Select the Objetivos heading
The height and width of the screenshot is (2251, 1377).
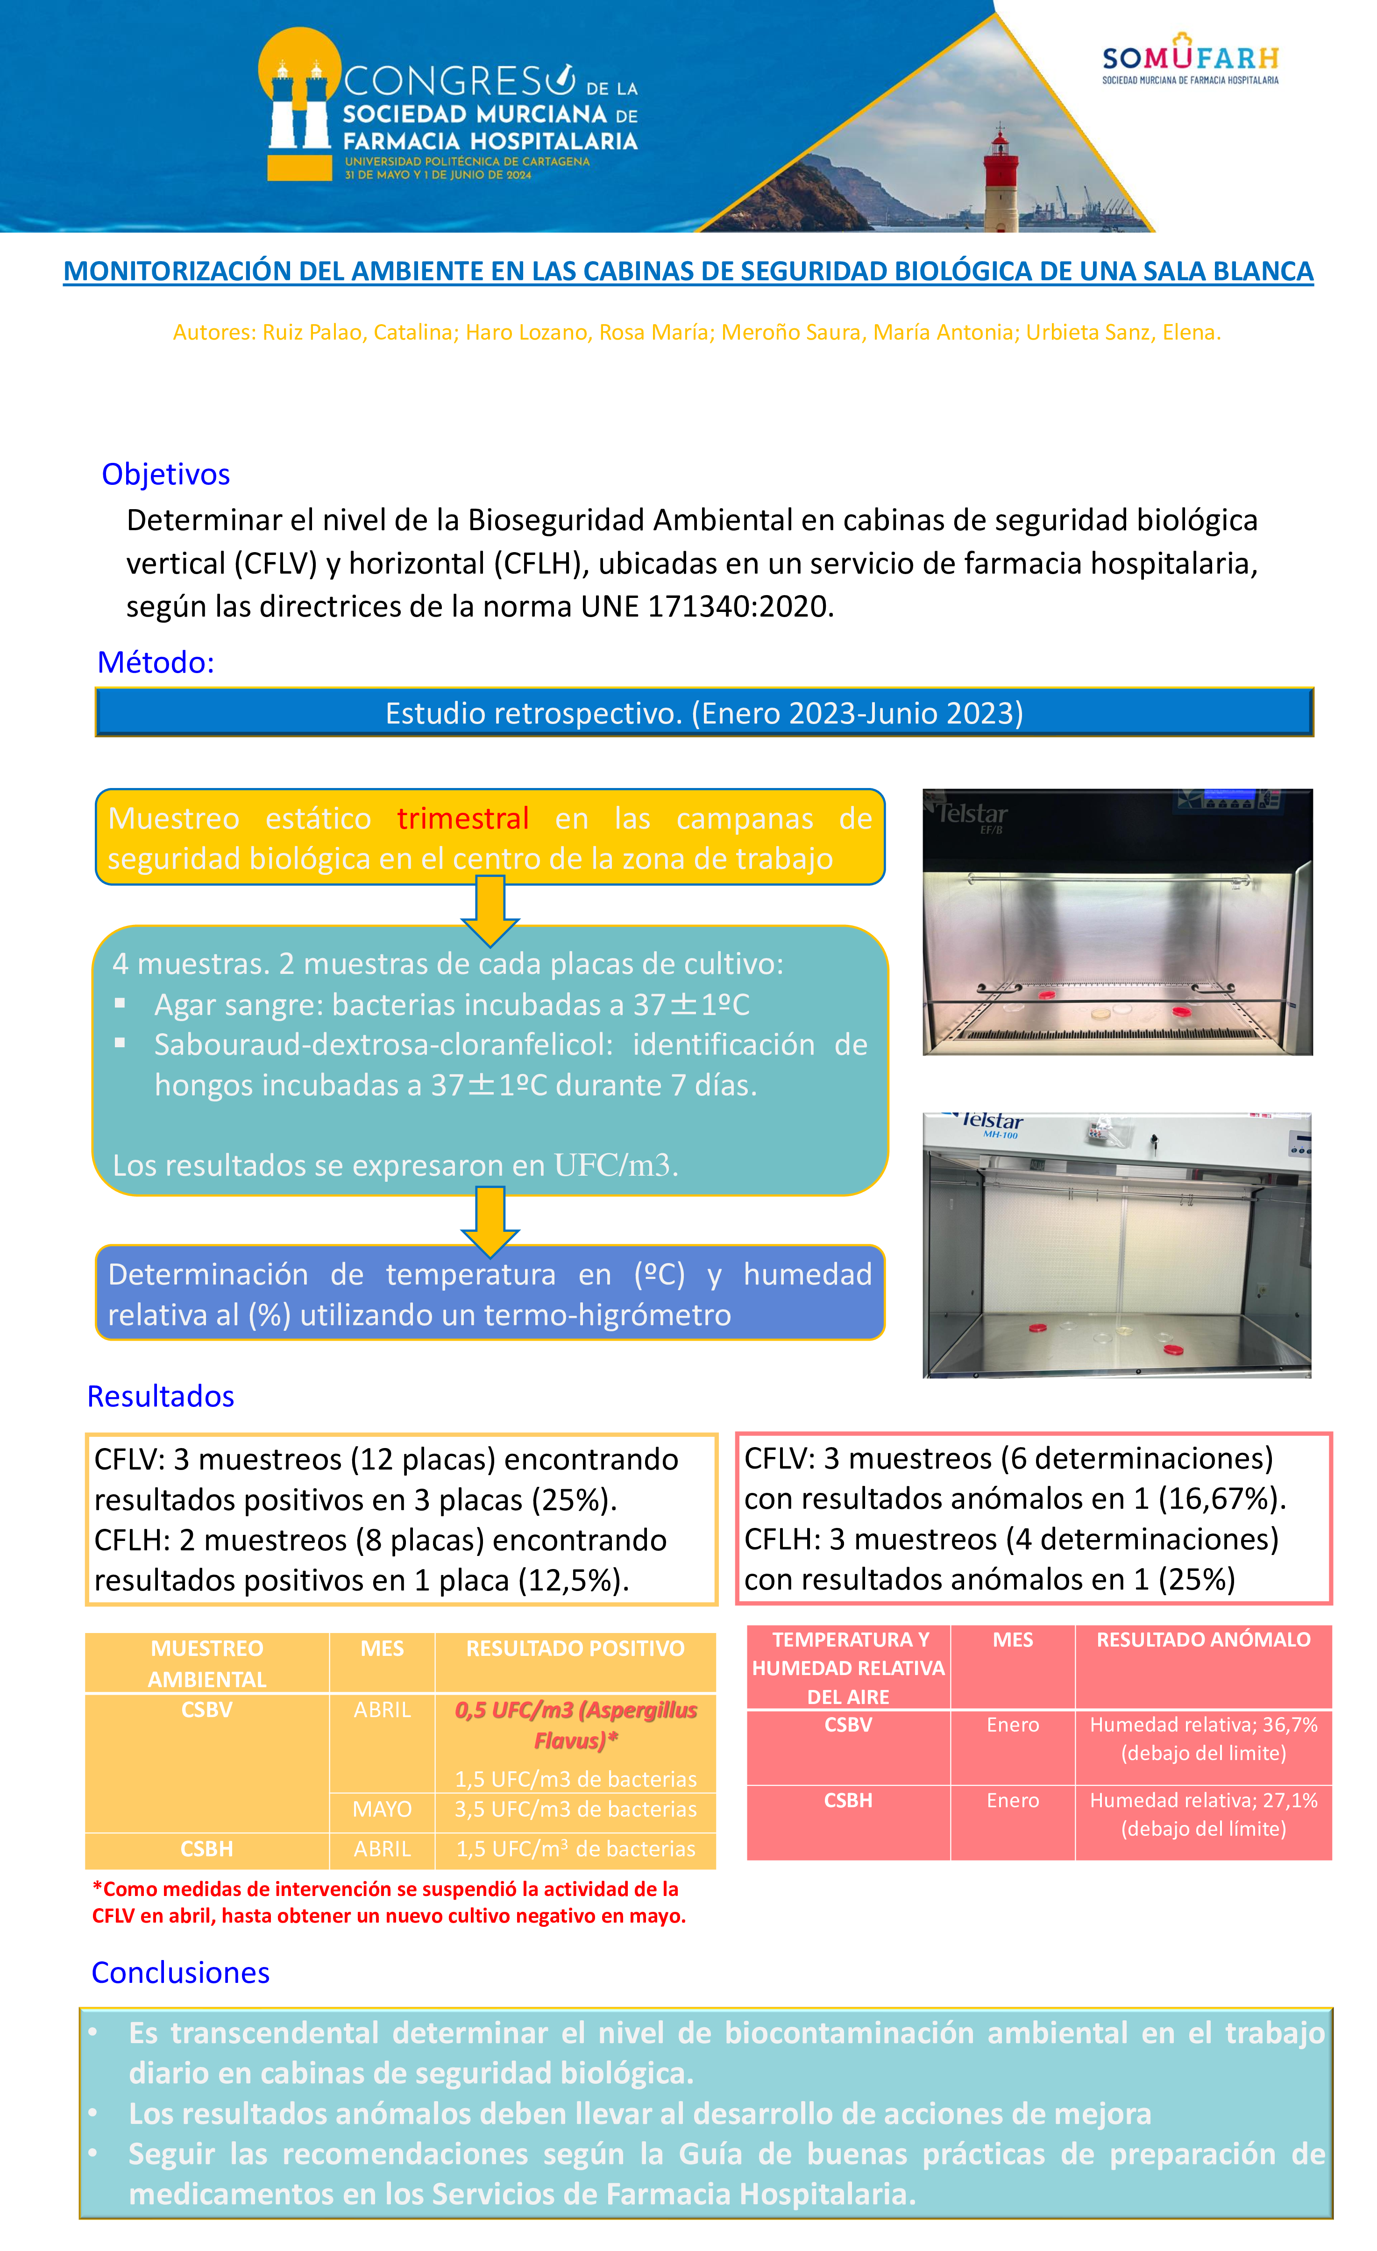[x=165, y=474]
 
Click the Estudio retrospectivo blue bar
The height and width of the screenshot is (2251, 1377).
[x=703, y=712]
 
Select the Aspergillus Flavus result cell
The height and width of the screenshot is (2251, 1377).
[x=575, y=1725]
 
